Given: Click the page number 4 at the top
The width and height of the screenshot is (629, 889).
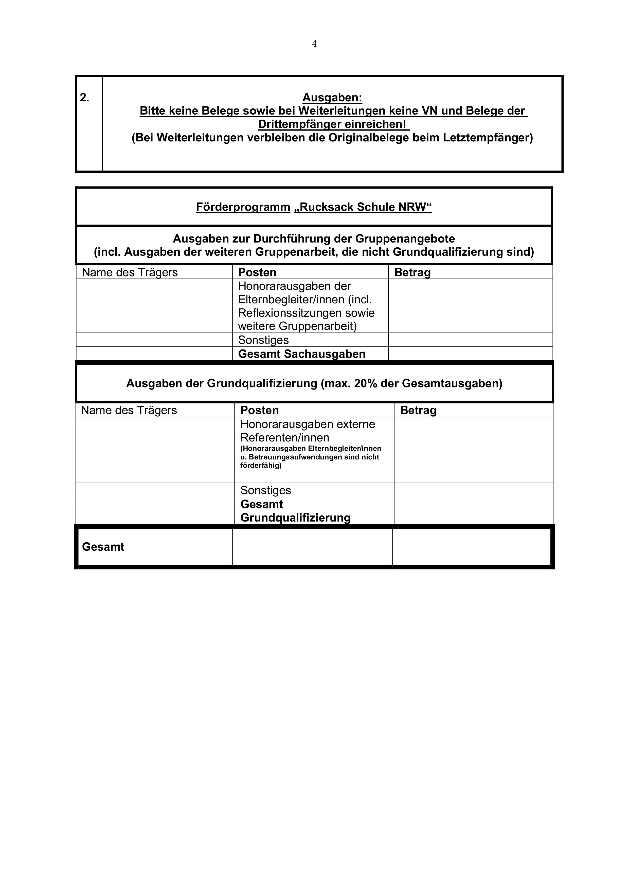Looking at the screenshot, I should (x=314, y=44).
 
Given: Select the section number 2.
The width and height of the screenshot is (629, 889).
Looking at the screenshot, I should (x=84, y=98).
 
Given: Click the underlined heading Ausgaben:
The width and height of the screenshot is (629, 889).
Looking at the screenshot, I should (x=332, y=98).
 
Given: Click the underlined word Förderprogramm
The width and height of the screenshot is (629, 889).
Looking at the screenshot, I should (x=243, y=207).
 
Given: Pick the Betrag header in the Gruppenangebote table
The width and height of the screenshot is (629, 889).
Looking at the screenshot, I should (x=412, y=273).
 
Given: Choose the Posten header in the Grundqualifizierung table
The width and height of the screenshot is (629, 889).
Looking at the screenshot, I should (x=260, y=411).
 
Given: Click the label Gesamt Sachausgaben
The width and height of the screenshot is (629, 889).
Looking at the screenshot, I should (x=302, y=354).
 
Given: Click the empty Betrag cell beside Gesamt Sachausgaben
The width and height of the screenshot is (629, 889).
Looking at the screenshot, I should (x=470, y=354).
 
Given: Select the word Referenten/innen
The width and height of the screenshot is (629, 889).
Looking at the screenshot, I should (x=285, y=437).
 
